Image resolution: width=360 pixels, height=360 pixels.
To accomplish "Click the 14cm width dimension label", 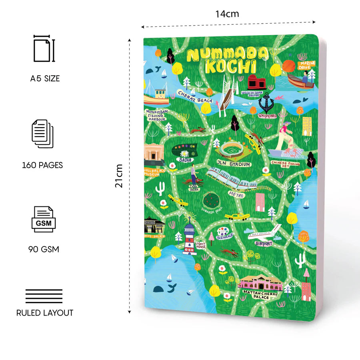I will [227, 14].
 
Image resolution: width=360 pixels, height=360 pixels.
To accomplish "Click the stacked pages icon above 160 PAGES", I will [42, 134].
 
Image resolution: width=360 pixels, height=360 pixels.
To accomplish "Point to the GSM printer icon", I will [44, 219].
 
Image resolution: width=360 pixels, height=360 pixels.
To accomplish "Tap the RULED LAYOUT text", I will [45, 313].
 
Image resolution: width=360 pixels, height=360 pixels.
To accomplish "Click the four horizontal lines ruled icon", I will [44, 296].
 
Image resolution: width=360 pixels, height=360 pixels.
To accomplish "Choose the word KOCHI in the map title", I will [230, 67].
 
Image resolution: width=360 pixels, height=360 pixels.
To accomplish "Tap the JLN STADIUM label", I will [234, 164].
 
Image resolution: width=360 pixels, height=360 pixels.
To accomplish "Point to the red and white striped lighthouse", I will [189, 239].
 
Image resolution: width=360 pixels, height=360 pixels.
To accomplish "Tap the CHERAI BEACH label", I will [195, 97].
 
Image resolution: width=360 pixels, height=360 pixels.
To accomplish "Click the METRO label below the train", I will [236, 194].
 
